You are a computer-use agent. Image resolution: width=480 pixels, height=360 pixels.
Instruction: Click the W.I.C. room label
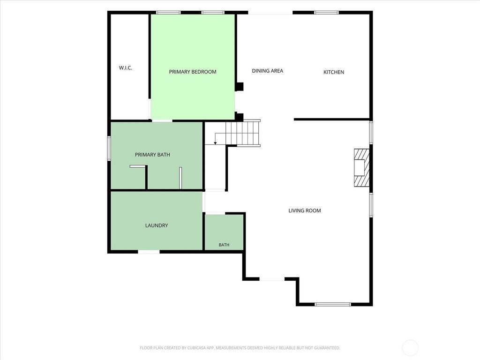[126, 67]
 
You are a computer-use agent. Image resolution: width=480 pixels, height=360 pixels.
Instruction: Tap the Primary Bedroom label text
[193, 72]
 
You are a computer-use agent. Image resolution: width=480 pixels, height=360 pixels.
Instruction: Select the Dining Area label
[267, 71]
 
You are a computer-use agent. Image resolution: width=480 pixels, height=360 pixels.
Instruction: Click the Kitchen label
[334, 72]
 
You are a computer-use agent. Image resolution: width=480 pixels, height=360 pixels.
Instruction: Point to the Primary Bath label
[152, 155]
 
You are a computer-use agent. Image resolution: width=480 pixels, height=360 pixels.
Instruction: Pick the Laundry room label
[157, 225]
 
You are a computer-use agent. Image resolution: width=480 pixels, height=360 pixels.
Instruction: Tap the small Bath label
[224, 245]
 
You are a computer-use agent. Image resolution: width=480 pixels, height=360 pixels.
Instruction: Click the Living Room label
[305, 210]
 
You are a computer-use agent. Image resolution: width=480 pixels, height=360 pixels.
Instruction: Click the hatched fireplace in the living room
[361, 167]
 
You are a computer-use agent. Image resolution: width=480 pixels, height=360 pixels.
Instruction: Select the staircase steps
[243, 133]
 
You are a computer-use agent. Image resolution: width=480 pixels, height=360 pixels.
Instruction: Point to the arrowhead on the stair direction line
[215, 142]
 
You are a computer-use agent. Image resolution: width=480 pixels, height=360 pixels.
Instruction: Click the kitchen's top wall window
[327, 13]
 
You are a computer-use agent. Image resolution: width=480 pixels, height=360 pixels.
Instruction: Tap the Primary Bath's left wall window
[109, 148]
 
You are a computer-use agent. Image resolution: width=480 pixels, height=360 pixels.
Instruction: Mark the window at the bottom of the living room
[333, 304]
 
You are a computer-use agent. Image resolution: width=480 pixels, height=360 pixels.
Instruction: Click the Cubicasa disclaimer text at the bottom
[240, 348]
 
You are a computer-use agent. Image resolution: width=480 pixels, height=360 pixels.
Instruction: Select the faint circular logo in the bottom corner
[410, 347]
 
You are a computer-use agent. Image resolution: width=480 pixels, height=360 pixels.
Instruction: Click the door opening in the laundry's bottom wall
[149, 252]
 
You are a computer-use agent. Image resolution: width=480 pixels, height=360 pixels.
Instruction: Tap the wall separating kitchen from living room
[332, 120]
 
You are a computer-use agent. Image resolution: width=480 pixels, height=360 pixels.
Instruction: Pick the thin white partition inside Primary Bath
[180, 178]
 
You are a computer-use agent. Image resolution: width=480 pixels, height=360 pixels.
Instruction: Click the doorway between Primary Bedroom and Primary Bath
[162, 121]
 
